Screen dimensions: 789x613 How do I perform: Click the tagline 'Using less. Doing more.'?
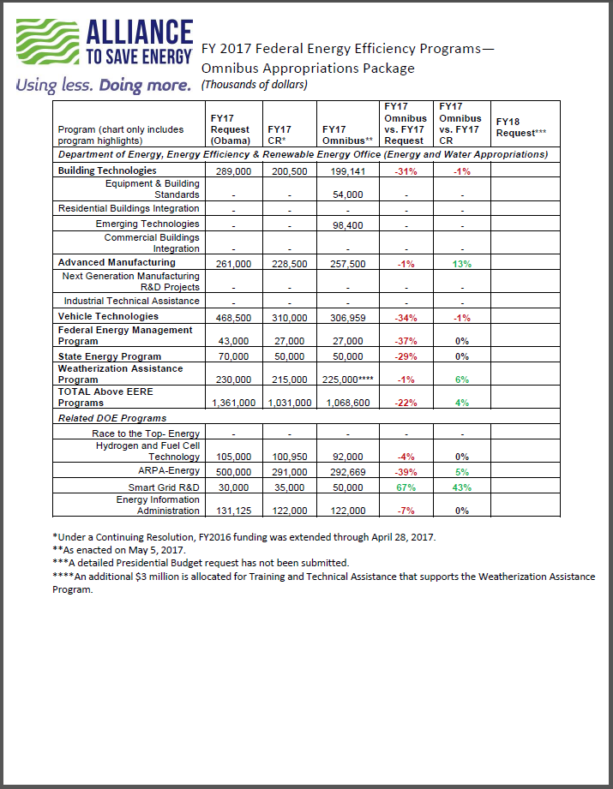[x=103, y=86]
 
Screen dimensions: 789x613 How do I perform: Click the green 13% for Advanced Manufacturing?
[x=462, y=263]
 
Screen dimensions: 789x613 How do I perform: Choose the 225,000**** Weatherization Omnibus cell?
[x=348, y=380]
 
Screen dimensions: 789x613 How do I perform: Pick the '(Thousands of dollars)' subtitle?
[x=254, y=85]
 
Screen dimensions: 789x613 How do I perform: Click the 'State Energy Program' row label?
[x=109, y=356]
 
